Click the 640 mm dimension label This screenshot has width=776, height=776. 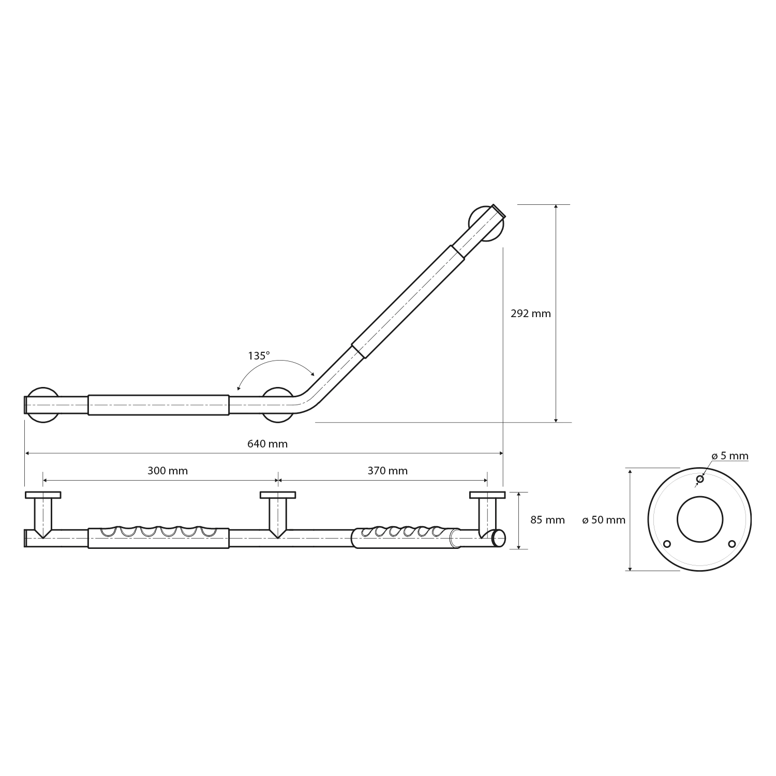click(267, 444)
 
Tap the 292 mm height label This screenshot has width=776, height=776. click(531, 314)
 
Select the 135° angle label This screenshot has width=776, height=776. click(259, 356)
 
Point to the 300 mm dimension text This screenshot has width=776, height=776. click(168, 471)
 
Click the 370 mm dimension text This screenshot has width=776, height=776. click(387, 471)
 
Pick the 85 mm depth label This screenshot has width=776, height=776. click(547, 520)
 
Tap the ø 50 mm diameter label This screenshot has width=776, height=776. click(604, 520)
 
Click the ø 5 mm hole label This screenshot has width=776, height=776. click(730, 456)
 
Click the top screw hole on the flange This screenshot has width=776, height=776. click(699, 480)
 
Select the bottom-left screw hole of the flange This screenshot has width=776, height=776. click(667, 544)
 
